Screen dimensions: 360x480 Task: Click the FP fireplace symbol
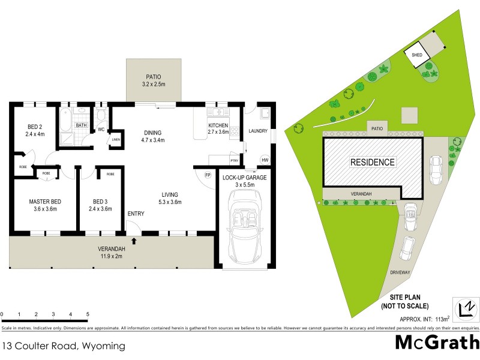click(208, 175)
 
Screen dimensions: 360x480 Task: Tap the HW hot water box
click(265, 160)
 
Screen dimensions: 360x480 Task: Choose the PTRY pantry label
click(235, 161)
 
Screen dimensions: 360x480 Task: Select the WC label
click(101, 129)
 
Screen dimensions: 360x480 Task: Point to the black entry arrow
click(134, 241)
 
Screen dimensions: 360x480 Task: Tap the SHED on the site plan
click(417, 55)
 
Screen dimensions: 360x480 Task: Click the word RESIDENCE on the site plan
click(373, 162)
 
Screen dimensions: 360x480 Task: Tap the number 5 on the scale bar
click(88, 314)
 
